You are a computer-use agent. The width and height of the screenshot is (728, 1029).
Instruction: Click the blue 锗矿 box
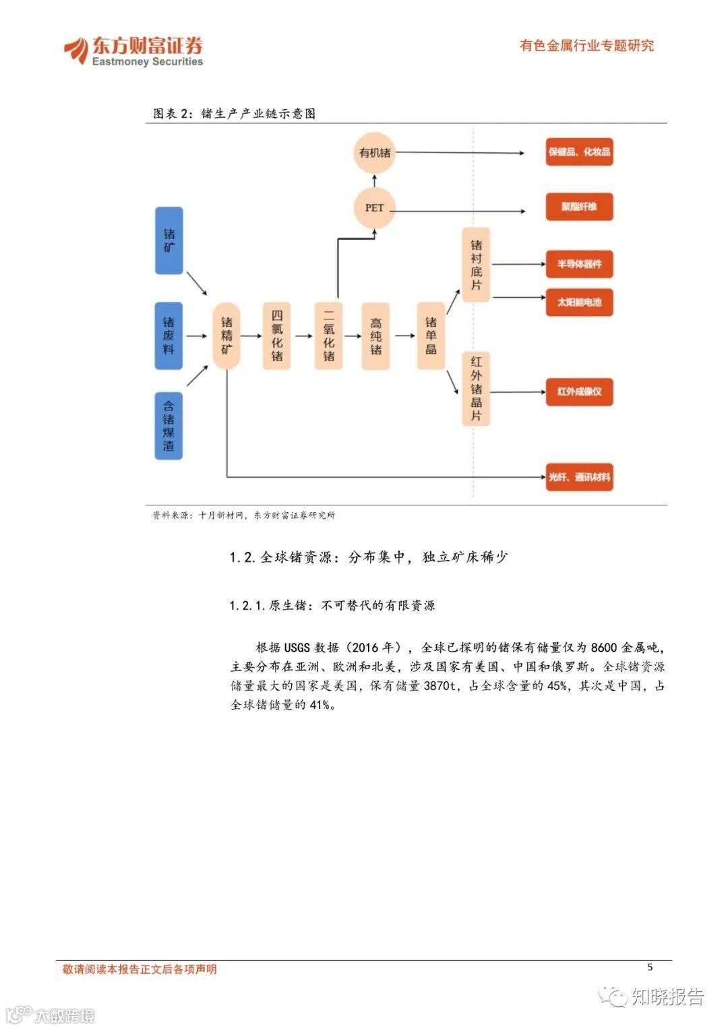pyautogui.click(x=169, y=241)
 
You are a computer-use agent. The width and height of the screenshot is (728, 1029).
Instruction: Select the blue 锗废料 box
pyautogui.click(x=169, y=336)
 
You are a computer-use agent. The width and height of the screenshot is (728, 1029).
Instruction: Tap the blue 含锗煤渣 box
pyautogui.click(x=169, y=426)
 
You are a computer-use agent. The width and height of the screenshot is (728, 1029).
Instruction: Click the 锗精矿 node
pyautogui.click(x=226, y=336)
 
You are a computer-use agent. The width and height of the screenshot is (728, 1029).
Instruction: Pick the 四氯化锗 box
pyautogui.click(x=276, y=336)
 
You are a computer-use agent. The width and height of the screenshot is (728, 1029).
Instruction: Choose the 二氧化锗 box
pyautogui.click(x=328, y=336)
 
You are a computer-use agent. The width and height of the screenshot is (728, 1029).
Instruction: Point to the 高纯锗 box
pyautogui.click(x=375, y=336)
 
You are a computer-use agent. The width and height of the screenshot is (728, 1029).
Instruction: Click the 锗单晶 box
pyautogui.click(x=431, y=336)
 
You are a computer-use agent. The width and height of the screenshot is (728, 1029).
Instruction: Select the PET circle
pyautogui.click(x=374, y=208)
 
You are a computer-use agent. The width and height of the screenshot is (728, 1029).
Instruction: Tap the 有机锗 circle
pyautogui.click(x=375, y=153)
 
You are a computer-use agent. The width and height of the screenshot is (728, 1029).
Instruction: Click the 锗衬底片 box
pyautogui.click(x=476, y=265)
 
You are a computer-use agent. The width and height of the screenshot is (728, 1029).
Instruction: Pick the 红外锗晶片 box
pyautogui.click(x=476, y=389)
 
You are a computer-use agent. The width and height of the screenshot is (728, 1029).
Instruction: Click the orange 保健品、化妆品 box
pyautogui.click(x=579, y=152)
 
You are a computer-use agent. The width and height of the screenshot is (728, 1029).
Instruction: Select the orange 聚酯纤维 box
pyautogui.click(x=579, y=207)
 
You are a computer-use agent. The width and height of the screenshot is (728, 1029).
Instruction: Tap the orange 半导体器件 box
pyautogui.click(x=579, y=264)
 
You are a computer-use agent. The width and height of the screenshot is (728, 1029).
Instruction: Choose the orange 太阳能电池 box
pyautogui.click(x=579, y=303)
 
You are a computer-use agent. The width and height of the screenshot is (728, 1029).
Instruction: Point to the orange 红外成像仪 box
pyautogui.click(x=579, y=392)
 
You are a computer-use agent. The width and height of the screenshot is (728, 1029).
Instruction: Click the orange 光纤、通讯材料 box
pyautogui.click(x=579, y=477)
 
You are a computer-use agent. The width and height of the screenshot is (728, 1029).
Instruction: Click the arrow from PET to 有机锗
pyautogui.click(x=375, y=181)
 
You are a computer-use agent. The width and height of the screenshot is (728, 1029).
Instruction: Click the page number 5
pyautogui.click(x=650, y=967)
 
